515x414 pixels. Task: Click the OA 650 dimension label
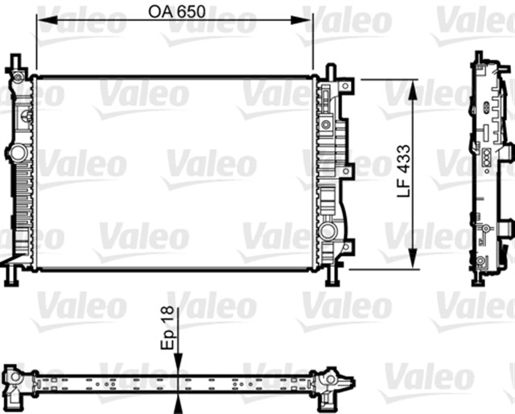(175, 11)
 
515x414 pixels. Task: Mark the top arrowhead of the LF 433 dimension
(414, 85)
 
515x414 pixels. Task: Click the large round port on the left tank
(16, 153)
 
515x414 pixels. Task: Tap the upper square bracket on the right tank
(347, 86)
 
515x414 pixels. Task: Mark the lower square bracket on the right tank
(347, 246)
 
